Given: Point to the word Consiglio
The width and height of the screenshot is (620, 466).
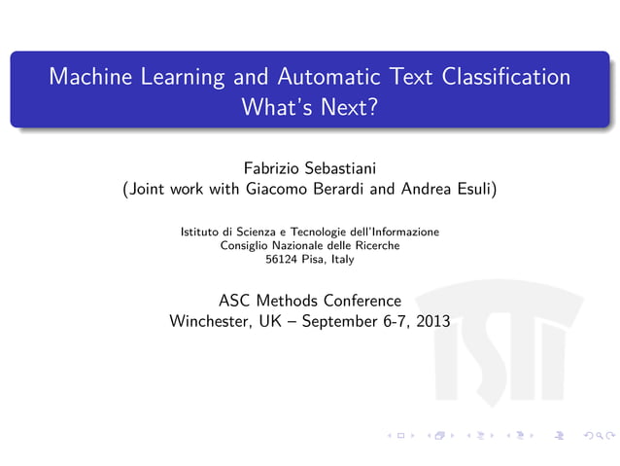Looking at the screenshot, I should coord(246,246).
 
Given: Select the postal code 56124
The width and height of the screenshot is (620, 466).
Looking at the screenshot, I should coord(281,260).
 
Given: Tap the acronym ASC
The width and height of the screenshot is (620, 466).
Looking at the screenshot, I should coord(238,300).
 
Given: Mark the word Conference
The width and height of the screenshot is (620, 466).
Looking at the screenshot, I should coord(366,300).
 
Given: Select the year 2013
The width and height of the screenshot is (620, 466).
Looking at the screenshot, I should coord(432,321).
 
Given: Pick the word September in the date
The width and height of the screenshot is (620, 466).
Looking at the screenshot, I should coord(339,321).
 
